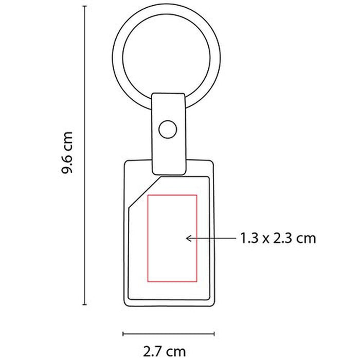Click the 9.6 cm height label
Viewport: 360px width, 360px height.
click(x=67, y=153)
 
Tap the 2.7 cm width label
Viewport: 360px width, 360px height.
click(x=165, y=351)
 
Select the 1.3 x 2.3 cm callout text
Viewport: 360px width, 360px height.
click(x=278, y=238)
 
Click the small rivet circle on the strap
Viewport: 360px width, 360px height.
click(x=168, y=130)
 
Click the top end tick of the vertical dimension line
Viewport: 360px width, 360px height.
click(x=85, y=6)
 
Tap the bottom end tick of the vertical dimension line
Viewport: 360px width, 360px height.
click(x=85, y=304)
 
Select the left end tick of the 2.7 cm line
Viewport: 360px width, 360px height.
click(x=123, y=334)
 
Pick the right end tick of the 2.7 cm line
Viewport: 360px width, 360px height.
click(x=214, y=334)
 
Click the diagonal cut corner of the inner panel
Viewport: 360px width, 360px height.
click(x=145, y=192)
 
